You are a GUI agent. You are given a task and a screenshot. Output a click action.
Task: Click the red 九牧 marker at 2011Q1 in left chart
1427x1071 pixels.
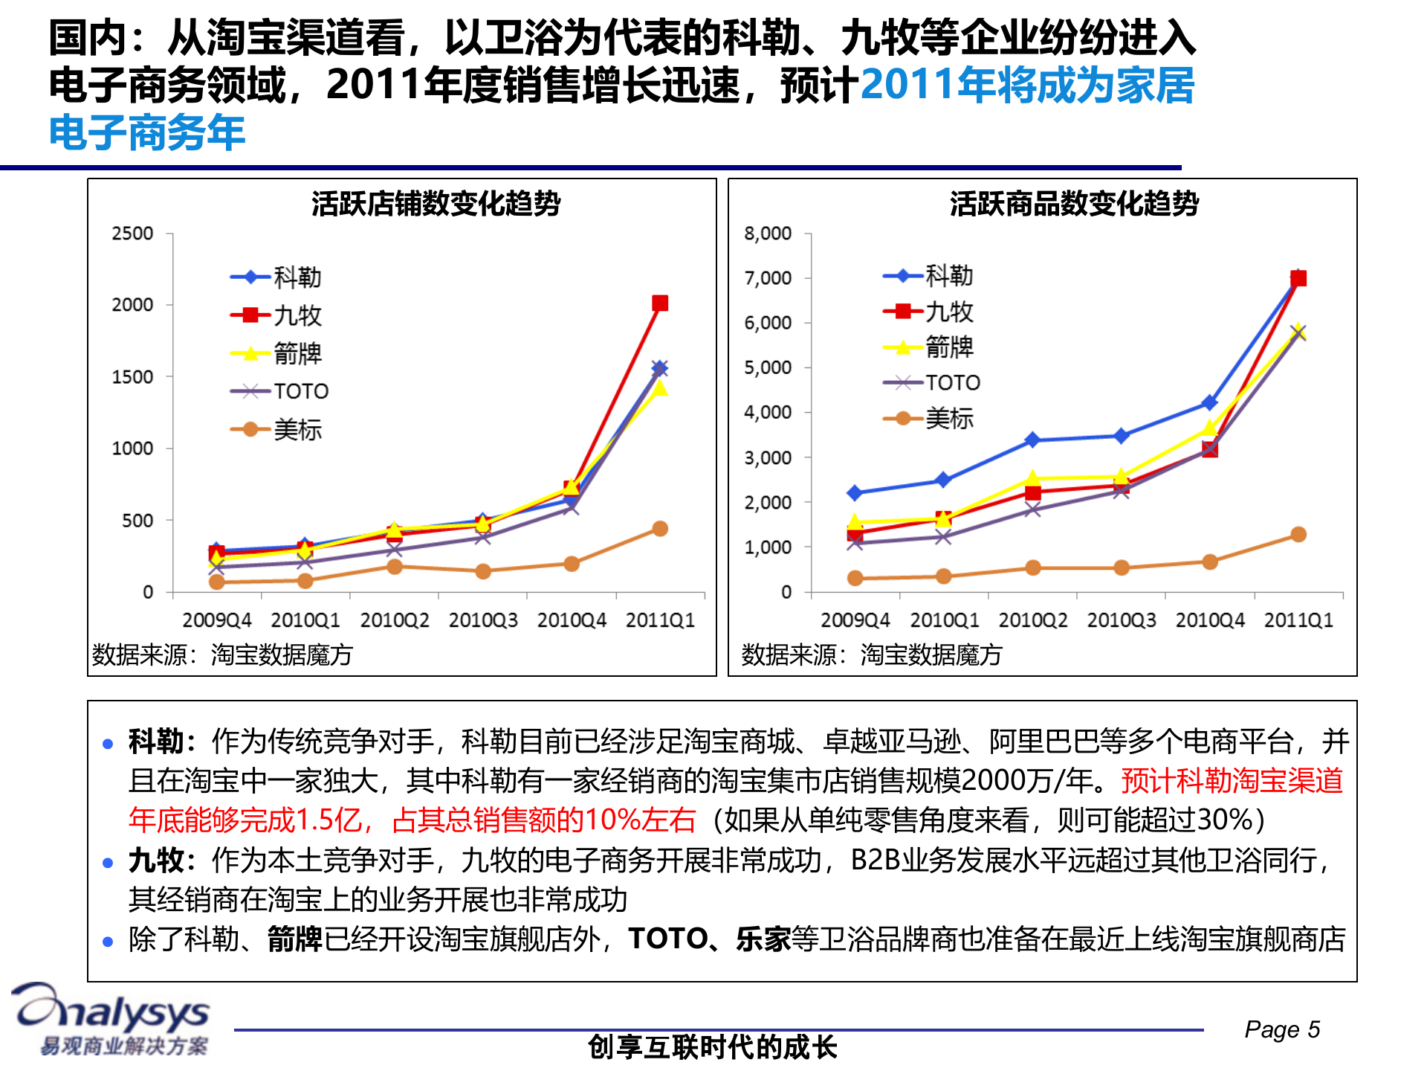point(660,303)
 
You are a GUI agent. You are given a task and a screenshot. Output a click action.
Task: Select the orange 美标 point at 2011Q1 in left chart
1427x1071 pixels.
point(660,529)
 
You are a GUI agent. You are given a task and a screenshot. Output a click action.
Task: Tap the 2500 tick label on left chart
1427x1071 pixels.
point(132,234)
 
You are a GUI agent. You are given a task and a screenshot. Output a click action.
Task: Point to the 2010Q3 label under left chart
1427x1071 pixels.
point(483,620)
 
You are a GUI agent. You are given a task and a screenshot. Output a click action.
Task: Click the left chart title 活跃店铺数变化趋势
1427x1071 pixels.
point(436,203)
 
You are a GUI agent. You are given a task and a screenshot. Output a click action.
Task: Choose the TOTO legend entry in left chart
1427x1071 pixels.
point(300,391)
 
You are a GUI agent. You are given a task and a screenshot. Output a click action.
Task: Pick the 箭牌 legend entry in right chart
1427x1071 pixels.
point(948,347)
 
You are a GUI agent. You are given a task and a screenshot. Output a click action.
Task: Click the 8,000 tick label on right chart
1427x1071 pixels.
point(768,234)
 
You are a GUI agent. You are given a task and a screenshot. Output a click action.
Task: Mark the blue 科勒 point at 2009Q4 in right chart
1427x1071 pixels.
point(855,493)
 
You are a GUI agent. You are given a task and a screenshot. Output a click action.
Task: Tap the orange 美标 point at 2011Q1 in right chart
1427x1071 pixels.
point(1298,535)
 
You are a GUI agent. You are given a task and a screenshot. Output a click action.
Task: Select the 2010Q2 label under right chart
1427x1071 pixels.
point(1032,620)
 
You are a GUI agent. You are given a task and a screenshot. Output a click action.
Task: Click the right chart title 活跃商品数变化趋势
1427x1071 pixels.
point(1074,203)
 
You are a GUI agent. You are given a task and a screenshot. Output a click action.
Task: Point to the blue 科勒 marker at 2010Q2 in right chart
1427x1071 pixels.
point(1032,440)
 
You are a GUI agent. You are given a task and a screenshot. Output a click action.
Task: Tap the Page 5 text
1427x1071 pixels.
point(1282,1029)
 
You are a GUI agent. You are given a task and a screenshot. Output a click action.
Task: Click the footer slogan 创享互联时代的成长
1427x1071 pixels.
point(712,1047)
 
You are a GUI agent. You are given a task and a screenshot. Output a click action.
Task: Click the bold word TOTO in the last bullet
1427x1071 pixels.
point(667,939)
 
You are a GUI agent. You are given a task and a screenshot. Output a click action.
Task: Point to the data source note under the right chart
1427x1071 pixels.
point(871,654)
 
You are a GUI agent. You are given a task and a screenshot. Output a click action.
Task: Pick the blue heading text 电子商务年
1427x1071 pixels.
point(147,132)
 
